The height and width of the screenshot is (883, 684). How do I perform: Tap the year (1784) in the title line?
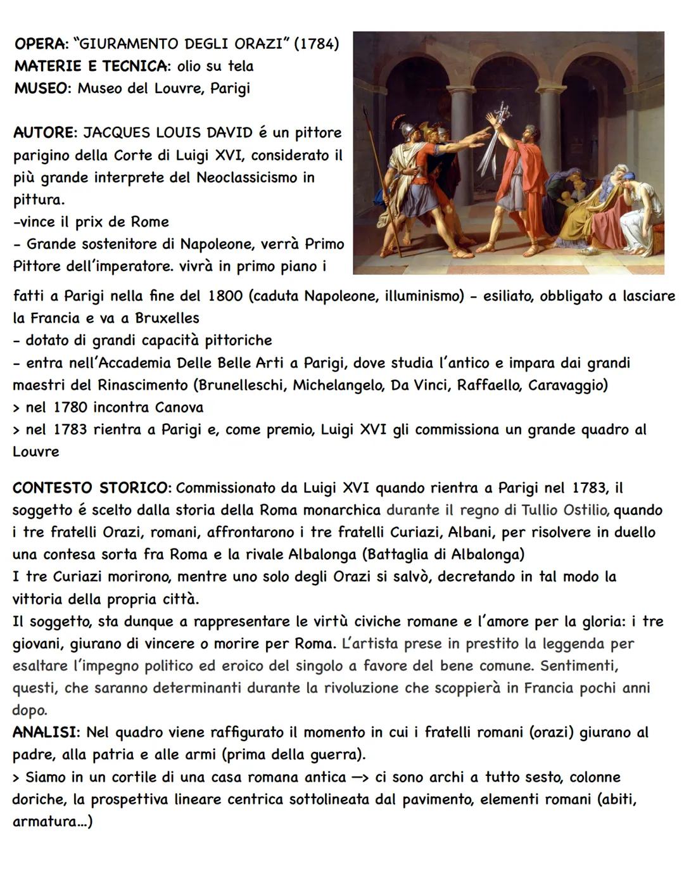[x=317, y=44]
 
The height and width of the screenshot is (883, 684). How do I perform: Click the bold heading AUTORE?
[x=44, y=133]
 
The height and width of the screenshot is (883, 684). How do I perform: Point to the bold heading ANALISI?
[x=44, y=733]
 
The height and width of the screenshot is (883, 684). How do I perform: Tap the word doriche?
[x=37, y=799]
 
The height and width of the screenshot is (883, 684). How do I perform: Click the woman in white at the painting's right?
[x=640, y=215]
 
